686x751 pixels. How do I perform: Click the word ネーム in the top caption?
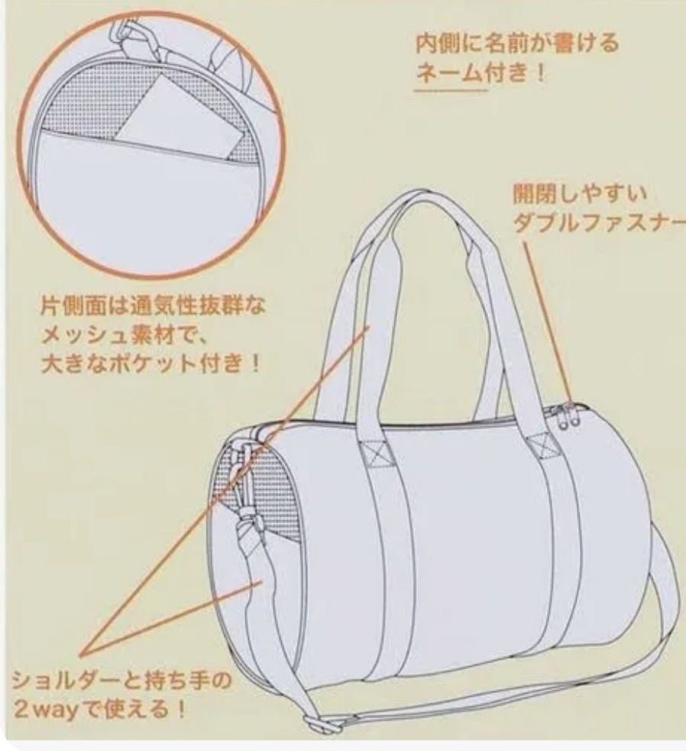[x=450, y=73]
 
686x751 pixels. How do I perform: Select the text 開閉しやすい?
[x=580, y=193]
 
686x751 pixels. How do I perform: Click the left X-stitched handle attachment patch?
[x=377, y=452]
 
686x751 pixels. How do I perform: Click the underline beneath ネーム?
[x=451, y=89]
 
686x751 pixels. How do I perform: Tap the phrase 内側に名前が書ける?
[x=517, y=44]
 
